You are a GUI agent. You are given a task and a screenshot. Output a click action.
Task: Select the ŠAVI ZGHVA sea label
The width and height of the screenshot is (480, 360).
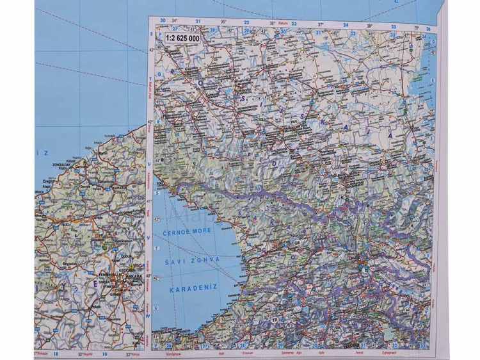(x=191, y=261)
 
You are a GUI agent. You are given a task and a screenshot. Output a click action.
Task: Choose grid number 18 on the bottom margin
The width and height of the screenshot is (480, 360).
(x=56, y=354)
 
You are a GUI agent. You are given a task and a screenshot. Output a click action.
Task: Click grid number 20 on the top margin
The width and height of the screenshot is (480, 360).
(x=163, y=21)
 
